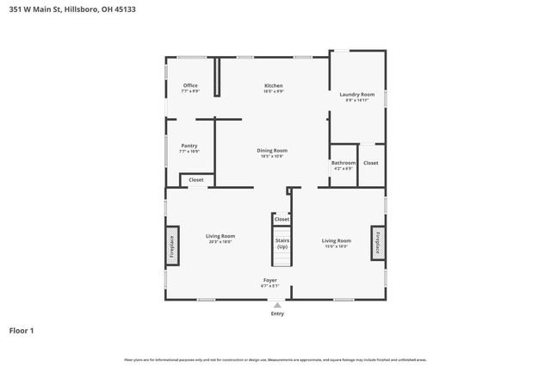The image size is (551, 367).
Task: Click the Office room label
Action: click(190, 85)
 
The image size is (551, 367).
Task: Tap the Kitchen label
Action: click(273, 85)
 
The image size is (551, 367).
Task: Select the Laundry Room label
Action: click(356, 94)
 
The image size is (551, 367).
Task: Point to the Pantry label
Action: click(189, 146)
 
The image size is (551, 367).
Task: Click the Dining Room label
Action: click(272, 150)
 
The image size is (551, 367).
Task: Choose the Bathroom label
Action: click(343, 162)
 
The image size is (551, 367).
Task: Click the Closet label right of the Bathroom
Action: click(370, 163)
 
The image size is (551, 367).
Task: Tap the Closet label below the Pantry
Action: click(195, 180)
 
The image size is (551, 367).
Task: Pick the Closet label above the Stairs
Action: click(282, 220)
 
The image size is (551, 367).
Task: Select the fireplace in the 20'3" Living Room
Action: click(171, 247)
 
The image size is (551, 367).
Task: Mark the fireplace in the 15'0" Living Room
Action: click(376, 243)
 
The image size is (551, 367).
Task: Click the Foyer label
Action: click(269, 281)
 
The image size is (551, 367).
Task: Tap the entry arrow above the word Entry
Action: click(276, 304)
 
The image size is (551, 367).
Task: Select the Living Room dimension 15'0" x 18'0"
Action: click(336, 246)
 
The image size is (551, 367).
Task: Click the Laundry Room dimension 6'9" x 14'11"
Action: click(356, 100)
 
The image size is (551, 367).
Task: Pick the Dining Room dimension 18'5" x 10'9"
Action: click(272, 156)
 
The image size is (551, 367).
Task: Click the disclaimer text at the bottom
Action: click(275, 359)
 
